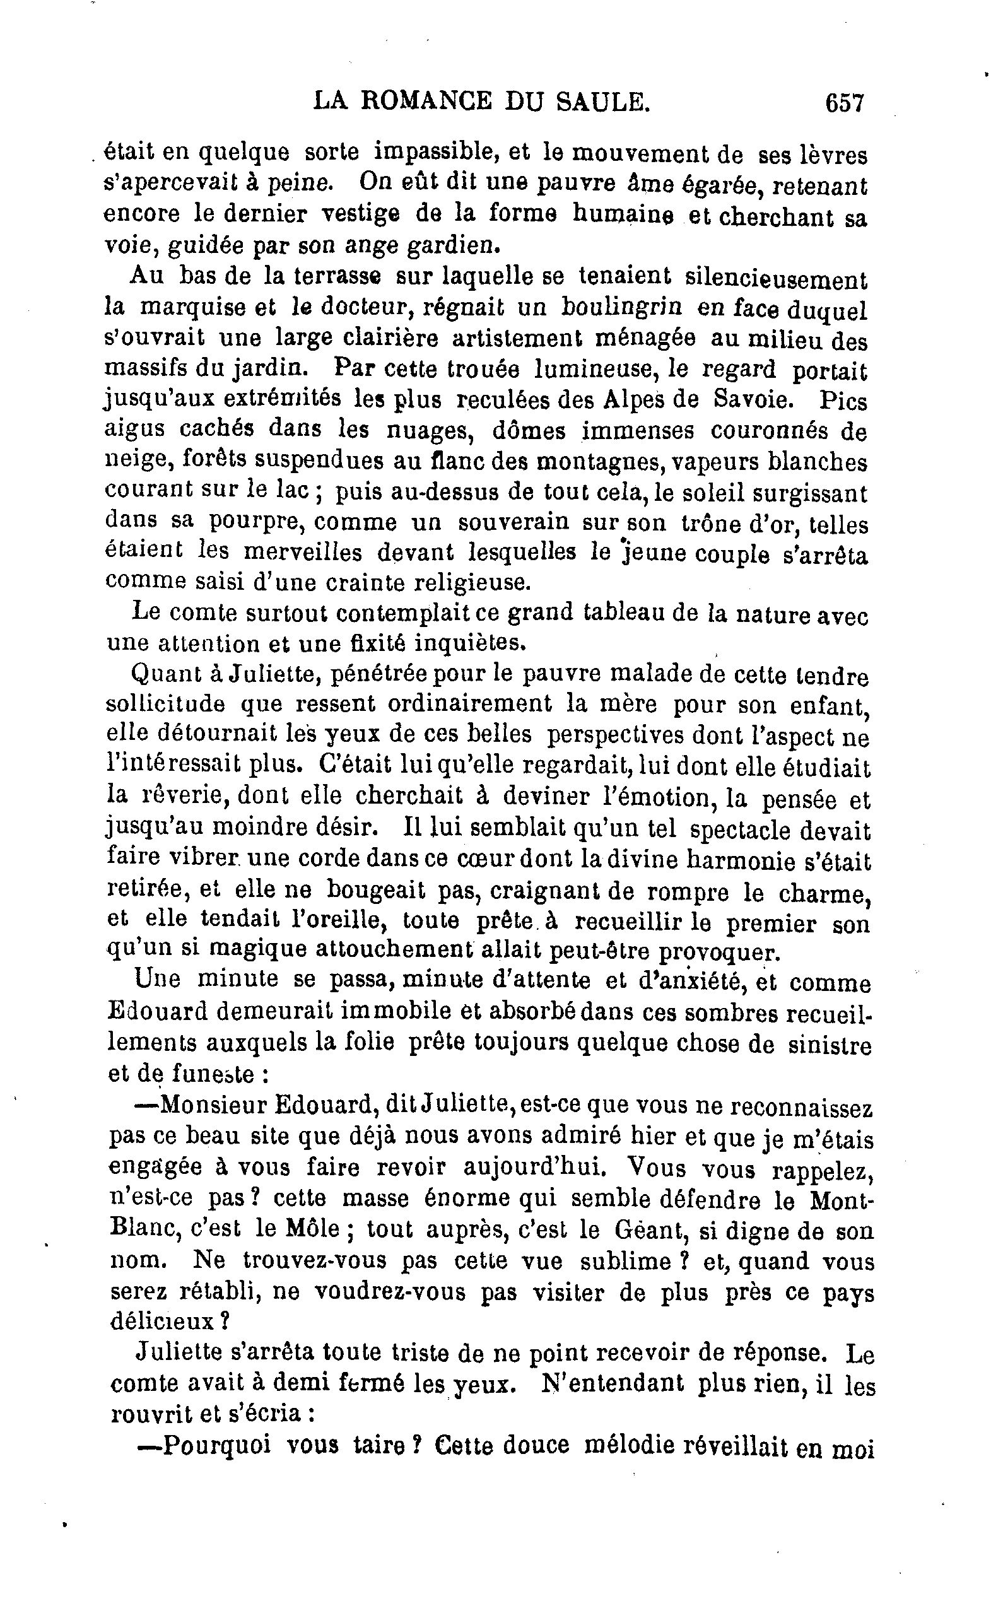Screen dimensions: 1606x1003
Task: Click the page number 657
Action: click(x=845, y=103)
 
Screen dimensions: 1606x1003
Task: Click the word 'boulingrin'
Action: click(x=621, y=307)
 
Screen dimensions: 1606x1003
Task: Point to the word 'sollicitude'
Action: click(x=165, y=703)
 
